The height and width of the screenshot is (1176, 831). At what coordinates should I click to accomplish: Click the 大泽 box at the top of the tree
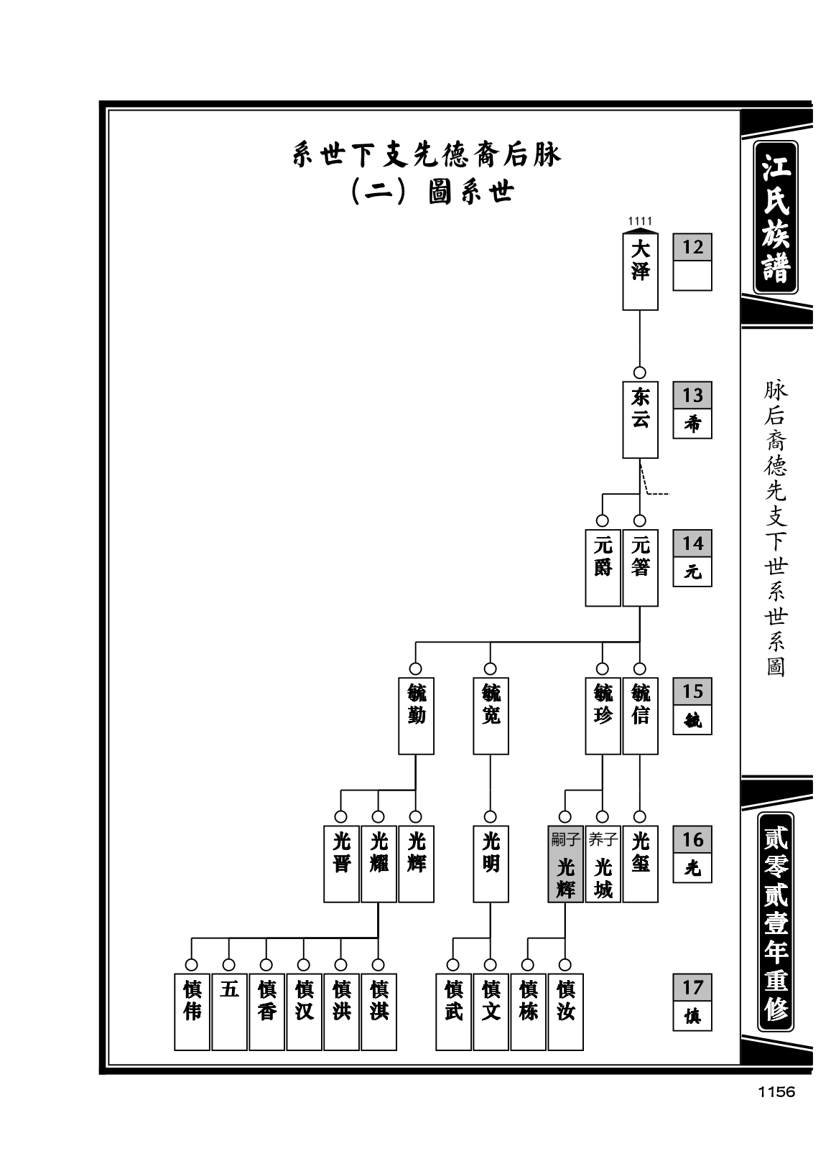(x=640, y=271)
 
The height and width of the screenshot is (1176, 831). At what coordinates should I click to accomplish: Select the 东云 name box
(x=640, y=419)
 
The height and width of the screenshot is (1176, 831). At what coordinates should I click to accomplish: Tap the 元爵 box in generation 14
(x=603, y=567)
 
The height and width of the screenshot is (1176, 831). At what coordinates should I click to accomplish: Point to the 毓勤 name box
(x=416, y=716)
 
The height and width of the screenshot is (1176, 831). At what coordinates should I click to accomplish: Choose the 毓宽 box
(x=491, y=716)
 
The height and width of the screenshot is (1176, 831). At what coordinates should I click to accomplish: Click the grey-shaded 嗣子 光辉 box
(x=565, y=864)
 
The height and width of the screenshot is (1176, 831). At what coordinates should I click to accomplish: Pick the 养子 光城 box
(x=603, y=864)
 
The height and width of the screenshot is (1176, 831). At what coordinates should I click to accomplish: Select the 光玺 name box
(x=640, y=864)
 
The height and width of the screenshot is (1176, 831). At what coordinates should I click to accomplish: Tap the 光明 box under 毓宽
(x=491, y=864)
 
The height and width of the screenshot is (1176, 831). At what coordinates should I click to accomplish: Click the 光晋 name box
(x=341, y=864)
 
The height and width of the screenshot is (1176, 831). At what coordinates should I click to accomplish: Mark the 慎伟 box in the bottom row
(x=192, y=1012)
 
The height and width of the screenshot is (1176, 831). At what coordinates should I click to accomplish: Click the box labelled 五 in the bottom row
(x=230, y=1012)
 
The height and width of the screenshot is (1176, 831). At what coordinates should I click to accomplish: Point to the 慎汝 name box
(x=565, y=1012)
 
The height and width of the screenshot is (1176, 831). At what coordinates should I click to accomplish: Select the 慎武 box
(x=453, y=1012)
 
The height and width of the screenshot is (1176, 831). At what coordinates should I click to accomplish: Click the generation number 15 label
(x=692, y=691)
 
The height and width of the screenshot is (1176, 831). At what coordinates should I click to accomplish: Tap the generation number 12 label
(x=692, y=247)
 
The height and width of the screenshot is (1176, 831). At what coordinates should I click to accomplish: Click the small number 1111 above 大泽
(x=640, y=221)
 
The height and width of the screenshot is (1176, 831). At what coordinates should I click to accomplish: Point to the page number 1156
(x=776, y=1092)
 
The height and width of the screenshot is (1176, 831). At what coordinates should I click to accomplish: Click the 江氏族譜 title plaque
(x=776, y=217)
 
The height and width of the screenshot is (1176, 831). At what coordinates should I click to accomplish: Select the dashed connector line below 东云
(x=651, y=480)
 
